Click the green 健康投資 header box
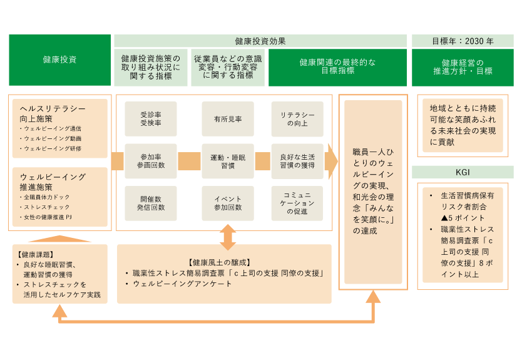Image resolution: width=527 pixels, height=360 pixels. (x=60, y=60)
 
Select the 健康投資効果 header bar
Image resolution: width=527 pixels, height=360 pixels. (x=260, y=41)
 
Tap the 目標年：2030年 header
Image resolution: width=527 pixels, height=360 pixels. (x=463, y=41)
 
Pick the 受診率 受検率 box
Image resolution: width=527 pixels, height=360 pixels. (x=151, y=119)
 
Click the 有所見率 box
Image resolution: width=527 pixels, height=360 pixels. (x=228, y=119)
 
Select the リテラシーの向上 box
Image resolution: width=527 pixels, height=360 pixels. (x=297, y=119)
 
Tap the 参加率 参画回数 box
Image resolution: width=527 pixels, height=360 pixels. (x=151, y=161)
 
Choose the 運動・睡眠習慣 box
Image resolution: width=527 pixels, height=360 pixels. (x=228, y=161)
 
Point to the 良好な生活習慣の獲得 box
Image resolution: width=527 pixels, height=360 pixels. (x=297, y=161)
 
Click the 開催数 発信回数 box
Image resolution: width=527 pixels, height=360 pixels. (x=151, y=203)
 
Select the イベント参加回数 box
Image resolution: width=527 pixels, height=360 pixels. (x=228, y=203)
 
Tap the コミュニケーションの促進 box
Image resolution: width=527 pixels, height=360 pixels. (x=297, y=203)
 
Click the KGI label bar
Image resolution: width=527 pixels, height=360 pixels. (x=463, y=172)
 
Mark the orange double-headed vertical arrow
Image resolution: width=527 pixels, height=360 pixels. (x=228, y=236)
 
